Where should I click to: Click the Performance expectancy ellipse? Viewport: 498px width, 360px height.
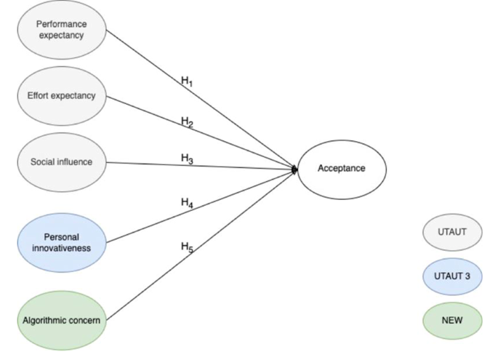[x=61, y=30]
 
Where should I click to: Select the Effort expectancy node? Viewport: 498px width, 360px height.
[x=61, y=96]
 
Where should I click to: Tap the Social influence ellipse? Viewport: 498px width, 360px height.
[x=61, y=161]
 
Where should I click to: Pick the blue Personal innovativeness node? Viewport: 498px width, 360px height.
[x=61, y=242]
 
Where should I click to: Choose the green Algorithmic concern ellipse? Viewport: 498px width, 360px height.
[x=61, y=319]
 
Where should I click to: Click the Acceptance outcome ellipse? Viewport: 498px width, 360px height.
[x=342, y=169]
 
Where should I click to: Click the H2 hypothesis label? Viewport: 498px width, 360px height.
[x=188, y=121]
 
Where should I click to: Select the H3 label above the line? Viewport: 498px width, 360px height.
[x=187, y=159]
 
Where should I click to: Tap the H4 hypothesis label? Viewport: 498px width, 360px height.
[x=188, y=204]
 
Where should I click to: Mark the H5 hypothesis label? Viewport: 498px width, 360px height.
[x=188, y=247]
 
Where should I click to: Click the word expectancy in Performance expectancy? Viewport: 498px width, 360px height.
[x=61, y=36]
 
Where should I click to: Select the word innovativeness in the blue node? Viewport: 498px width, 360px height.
[x=61, y=248]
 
